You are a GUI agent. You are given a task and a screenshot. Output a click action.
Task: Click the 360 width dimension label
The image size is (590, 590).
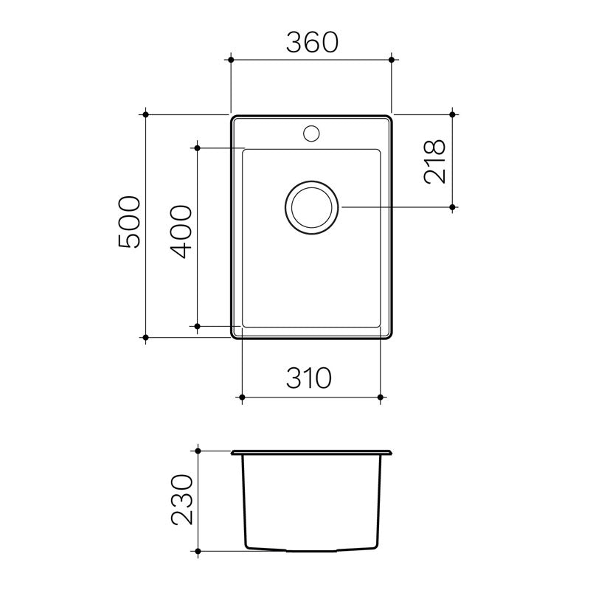coord(310,44)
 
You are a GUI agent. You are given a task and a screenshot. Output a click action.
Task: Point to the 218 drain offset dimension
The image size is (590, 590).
coord(435,162)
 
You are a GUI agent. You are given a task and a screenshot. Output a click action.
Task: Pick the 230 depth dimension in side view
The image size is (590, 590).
coord(181,500)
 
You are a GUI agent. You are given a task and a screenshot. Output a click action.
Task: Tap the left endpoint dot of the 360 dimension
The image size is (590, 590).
coord(232,58)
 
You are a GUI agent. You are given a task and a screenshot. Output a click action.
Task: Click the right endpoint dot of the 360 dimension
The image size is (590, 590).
coord(391,58)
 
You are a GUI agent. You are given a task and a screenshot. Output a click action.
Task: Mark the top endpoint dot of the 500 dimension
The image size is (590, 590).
coord(146,114)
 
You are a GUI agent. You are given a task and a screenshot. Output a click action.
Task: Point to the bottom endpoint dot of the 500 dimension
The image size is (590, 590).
coord(146,338)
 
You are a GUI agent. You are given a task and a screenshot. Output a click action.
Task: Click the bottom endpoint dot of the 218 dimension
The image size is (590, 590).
coord(453,208)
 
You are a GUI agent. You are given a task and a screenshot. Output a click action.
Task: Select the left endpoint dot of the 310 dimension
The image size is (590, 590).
coord(243,398)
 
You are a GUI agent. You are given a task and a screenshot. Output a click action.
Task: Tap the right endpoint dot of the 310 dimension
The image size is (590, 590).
coord(380,398)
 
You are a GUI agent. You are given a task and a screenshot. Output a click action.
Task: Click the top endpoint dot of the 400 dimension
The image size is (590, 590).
coord(198,148)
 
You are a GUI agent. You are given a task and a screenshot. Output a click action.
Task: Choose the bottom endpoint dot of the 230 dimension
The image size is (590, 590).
coord(198,551)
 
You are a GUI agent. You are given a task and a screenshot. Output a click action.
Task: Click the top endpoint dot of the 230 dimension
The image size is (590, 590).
coord(198,449)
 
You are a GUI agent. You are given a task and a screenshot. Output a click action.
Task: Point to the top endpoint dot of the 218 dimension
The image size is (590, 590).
coord(453,114)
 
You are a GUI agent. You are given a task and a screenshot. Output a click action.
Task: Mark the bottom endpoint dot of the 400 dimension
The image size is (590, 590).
coord(198,325)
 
